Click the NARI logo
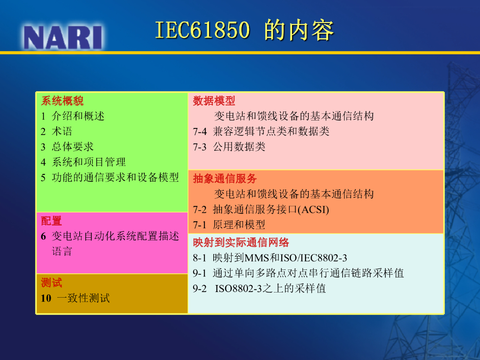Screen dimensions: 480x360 63,37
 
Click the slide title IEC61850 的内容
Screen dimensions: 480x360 244,30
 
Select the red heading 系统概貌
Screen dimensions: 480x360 62,101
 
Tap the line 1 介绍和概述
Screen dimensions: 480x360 73,116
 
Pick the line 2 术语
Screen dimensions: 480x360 56,131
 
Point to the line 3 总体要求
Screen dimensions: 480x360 67,147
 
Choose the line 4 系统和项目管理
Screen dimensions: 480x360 83,162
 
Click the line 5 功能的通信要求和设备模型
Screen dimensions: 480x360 110,177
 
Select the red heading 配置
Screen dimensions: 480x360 52,221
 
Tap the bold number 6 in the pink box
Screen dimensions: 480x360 44,236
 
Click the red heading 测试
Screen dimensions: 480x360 52,283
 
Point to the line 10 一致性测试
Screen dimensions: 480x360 75,298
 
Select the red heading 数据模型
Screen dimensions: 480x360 214,101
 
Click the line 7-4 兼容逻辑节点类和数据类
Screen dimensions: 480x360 261,131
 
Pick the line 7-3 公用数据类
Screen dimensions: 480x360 229,147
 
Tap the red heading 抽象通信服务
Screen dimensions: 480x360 225,179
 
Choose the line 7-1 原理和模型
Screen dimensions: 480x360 229,225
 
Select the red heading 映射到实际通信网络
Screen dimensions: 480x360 241,242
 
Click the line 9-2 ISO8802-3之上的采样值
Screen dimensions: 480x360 259,288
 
